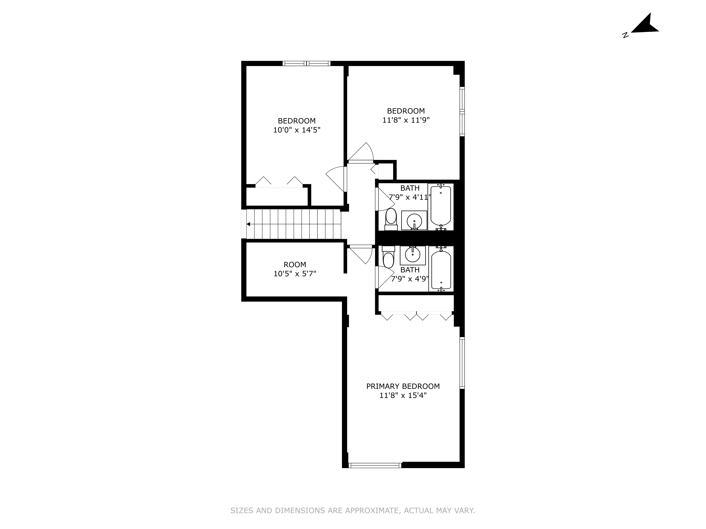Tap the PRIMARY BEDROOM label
403,386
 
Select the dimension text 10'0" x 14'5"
297,130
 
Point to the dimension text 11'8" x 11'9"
406,120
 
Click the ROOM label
295,264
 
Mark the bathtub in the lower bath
441,269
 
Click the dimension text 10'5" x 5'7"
295,274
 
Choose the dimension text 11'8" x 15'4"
403,395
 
